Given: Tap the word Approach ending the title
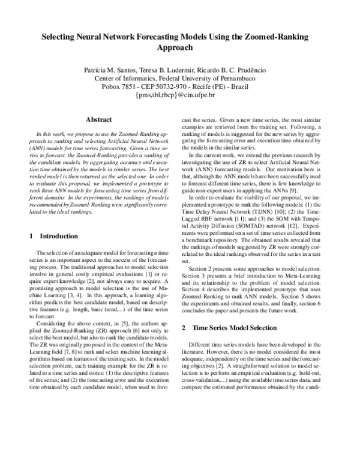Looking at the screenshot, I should (x=180, y=47).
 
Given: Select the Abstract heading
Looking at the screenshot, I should (x=99, y=120).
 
